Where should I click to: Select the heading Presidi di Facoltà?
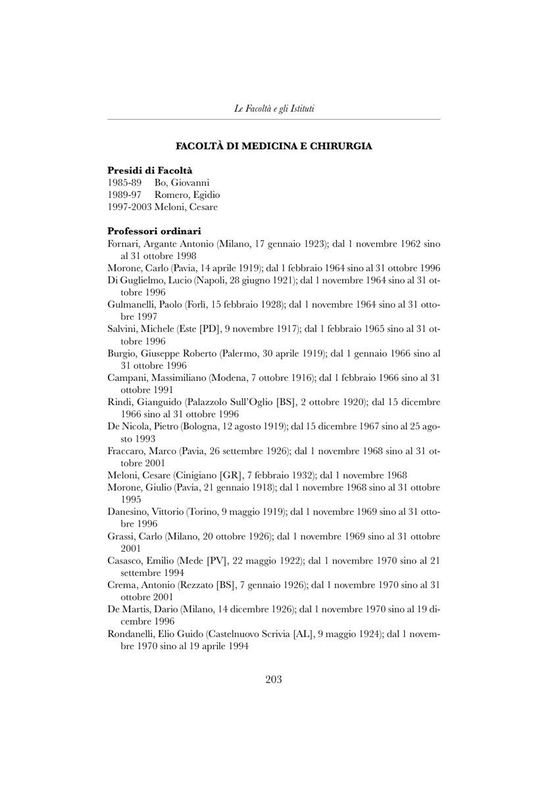(x=145, y=170)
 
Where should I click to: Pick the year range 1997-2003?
(x=129, y=207)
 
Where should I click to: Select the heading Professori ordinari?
(x=154, y=231)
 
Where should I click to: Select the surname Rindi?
(x=120, y=402)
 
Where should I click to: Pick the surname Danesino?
(x=128, y=512)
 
